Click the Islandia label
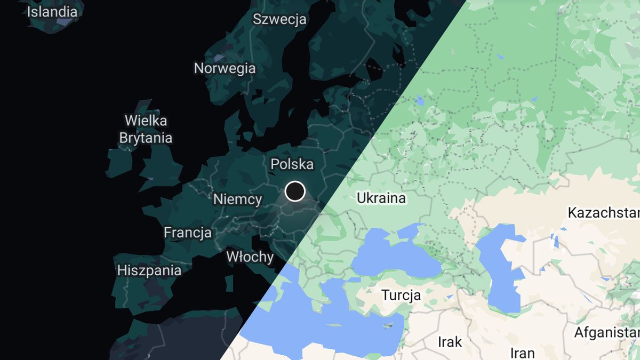[x=52, y=11]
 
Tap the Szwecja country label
[x=279, y=19]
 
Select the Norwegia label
[x=225, y=68]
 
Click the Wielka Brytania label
[x=146, y=129]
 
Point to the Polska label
[x=292, y=164]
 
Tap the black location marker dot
[x=295, y=191]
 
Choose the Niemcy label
[x=237, y=199]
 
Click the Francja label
[x=187, y=233]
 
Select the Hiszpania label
[x=149, y=270]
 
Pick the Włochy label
[x=250, y=257]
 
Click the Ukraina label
[x=381, y=198]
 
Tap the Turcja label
[x=401, y=295]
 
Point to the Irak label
[x=450, y=341]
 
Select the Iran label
[x=522, y=353]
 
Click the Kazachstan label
[x=603, y=213]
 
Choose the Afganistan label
[x=606, y=333]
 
